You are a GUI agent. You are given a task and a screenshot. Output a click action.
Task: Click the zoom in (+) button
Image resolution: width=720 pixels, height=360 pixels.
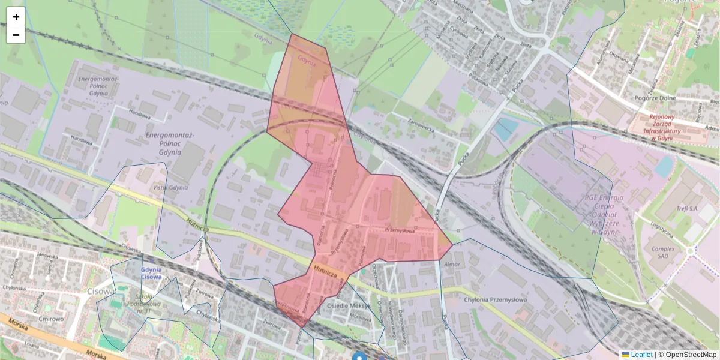click(x=16, y=17)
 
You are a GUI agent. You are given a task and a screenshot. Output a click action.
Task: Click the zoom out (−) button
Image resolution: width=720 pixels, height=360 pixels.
click(x=16, y=35)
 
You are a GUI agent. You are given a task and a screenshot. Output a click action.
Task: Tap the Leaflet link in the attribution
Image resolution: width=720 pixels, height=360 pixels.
click(x=641, y=355)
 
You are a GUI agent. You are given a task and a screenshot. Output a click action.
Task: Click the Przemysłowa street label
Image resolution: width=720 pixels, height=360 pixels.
click(x=400, y=229)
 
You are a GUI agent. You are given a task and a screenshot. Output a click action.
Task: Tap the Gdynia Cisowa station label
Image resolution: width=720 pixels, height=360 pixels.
click(x=151, y=273)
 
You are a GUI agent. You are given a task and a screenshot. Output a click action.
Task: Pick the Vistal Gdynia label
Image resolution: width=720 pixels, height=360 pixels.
click(x=170, y=187)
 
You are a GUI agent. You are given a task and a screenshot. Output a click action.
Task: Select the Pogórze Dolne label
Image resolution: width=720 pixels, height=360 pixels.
click(x=655, y=98)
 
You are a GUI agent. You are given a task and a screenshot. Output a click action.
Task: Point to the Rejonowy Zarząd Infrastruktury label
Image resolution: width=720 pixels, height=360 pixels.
click(x=670, y=128)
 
